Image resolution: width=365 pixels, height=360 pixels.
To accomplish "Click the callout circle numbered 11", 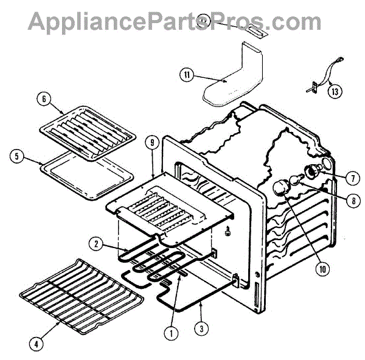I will point(187,75).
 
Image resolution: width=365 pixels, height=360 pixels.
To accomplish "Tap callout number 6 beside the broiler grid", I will point(42,99).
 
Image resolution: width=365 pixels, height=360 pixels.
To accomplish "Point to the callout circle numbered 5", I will point(17,156).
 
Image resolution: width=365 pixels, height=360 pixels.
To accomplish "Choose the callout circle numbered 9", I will point(152,144).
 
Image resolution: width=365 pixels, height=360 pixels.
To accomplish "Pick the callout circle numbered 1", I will point(171,333).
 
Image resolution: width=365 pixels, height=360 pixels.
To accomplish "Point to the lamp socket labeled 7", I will point(314,171).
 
